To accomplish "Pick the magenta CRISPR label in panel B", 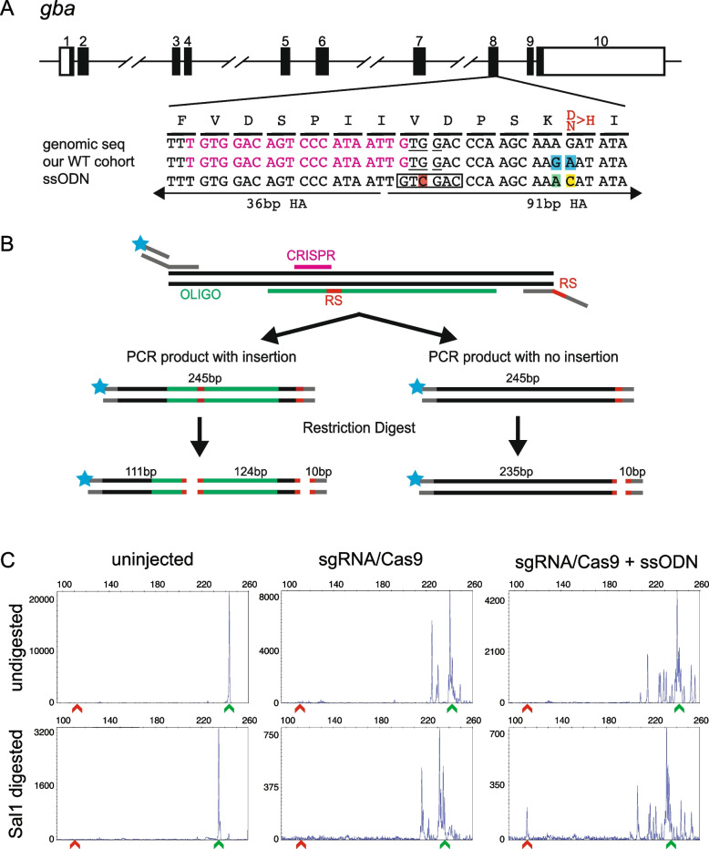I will tap(313, 258).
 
